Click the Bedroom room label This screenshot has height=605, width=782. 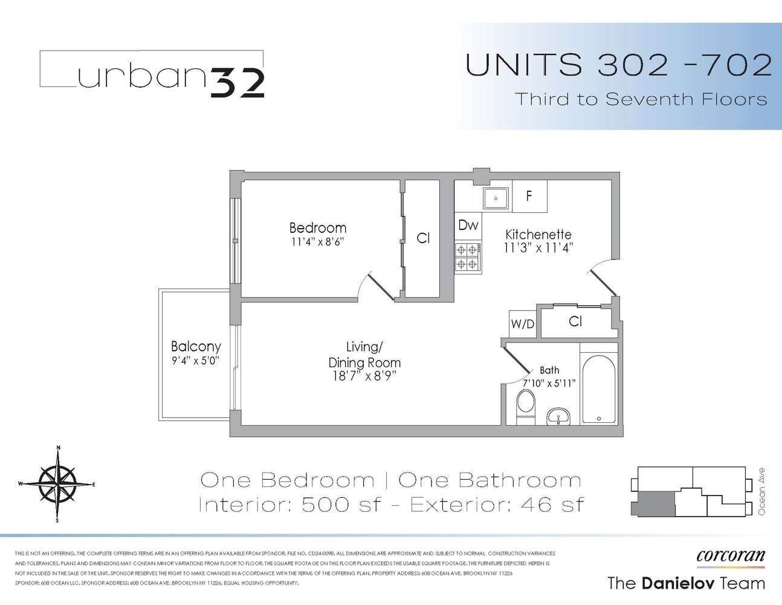click(x=318, y=228)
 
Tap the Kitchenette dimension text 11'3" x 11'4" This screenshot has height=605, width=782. click(x=538, y=247)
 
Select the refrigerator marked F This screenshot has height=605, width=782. click(x=529, y=196)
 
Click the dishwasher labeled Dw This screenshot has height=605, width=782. click(x=468, y=226)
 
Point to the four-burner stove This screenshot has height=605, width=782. click(x=468, y=256)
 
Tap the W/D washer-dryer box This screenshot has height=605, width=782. click(x=523, y=324)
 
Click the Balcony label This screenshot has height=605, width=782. click(x=196, y=347)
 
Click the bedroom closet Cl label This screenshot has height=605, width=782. click(x=423, y=238)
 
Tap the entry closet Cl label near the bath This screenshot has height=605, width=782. click(x=575, y=322)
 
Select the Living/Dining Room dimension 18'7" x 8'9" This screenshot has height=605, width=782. click(x=364, y=376)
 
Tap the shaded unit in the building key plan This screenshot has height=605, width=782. click(x=653, y=503)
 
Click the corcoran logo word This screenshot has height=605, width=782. click(x=731, y=555)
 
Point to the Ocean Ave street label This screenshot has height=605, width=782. click(x=761, y=491)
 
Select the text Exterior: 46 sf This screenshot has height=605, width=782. click(x=497, y=505)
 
